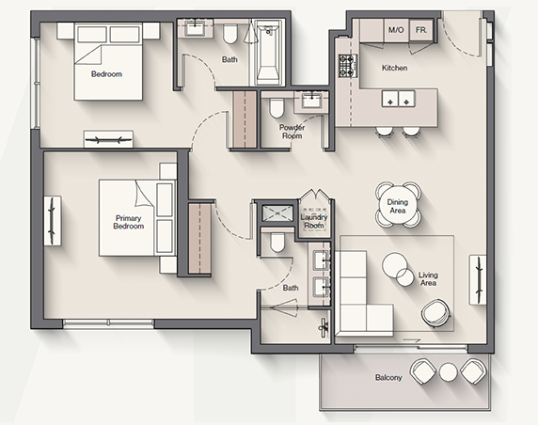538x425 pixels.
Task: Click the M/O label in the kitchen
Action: tap(396, 30)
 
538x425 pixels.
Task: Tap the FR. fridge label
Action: tap(421, 30)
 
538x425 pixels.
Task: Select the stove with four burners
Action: tap(348, 65)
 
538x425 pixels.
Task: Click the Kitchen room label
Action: tap(395, 68)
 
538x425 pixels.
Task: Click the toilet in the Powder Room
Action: tap(277, 107)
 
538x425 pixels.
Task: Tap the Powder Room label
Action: tap(292, 132)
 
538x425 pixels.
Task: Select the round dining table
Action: tap(398, 206)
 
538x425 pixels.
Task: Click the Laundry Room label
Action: tap(314, 221)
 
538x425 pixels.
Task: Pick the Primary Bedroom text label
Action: tap(128, 222)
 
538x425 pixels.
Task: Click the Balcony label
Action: tap(388, 378)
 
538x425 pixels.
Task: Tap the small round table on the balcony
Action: tap(449, 372)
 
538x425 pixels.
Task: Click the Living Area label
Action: tap(428, 279)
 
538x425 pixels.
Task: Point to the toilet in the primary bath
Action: tap(277, 242)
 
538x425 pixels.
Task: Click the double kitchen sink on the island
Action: tap(399, 99)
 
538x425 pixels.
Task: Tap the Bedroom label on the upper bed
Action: tap(106, 74)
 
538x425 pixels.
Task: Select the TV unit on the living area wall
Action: tap(478, 279)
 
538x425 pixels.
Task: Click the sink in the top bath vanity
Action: tap(195, 28)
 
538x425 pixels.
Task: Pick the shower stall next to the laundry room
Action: tap(277, 212)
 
